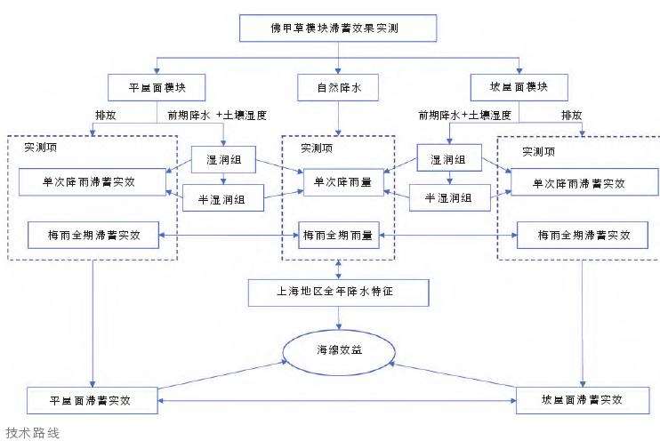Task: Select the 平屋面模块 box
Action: pos(157,87)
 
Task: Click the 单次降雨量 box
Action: pos(338,181)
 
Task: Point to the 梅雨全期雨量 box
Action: pos(338,236)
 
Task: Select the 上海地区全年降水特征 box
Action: pos(338,291)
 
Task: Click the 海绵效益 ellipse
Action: pos(338,350)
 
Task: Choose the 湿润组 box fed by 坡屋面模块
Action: pos(450,160)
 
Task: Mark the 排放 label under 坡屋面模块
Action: pos(573,115)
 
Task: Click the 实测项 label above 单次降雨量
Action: pos(318,148)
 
